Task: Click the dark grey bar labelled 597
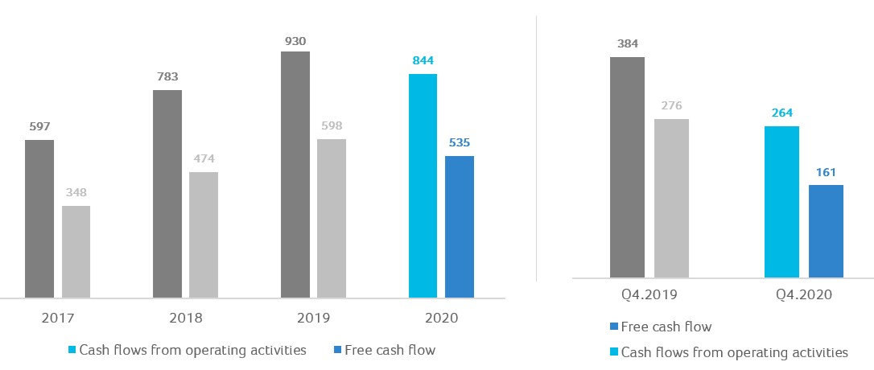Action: pyautogui.click(x=39, y=219)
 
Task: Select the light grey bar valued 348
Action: pyautogui.click(x=76, y=252)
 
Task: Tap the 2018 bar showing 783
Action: pyautogui.click(x=167, y=194)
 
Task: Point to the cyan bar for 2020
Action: pyautogui.click(x=423, y=186)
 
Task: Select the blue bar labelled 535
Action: pyautogui.click(x=460, y=227)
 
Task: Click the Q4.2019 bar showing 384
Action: pyautogui.click(x=627, y=167)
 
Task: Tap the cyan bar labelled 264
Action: pyautogui.click(x=781, y=202)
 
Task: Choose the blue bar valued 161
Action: pyautogui.click(x=826, y=232)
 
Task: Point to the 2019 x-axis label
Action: pyautogui.click(x=314, y=318)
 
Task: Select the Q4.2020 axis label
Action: pyautogui.click(x=804, y=295)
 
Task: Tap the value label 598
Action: pyautogui.click(x=332, y=126)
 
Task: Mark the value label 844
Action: pyautogui.click(x=423, y=61)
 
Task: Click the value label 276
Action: pyautogui.click(x=671, y=105)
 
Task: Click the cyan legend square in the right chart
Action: pyautogui.click(x=614, y=352)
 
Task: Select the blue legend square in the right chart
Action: pyautogui.click(x=614, y=327)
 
